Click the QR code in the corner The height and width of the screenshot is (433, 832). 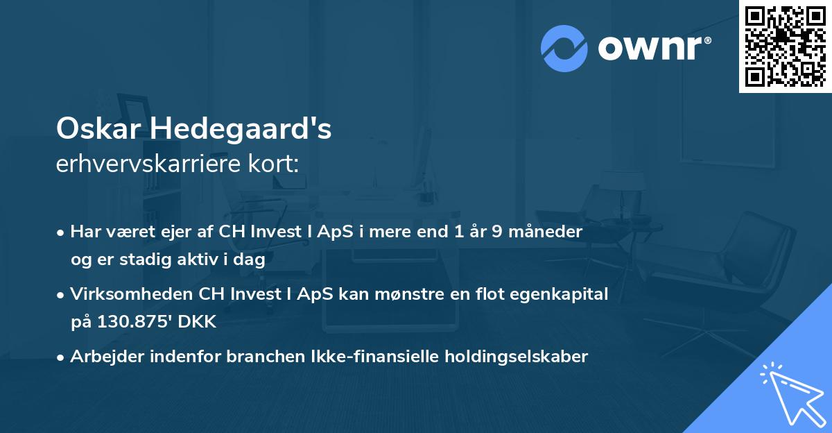coord(785,46)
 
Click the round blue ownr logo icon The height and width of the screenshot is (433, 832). coord(564,48)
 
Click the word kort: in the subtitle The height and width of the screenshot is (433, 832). coord(277,164)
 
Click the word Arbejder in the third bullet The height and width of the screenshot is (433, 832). coord(101,357)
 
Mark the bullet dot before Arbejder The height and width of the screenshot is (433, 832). coord(62,357)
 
